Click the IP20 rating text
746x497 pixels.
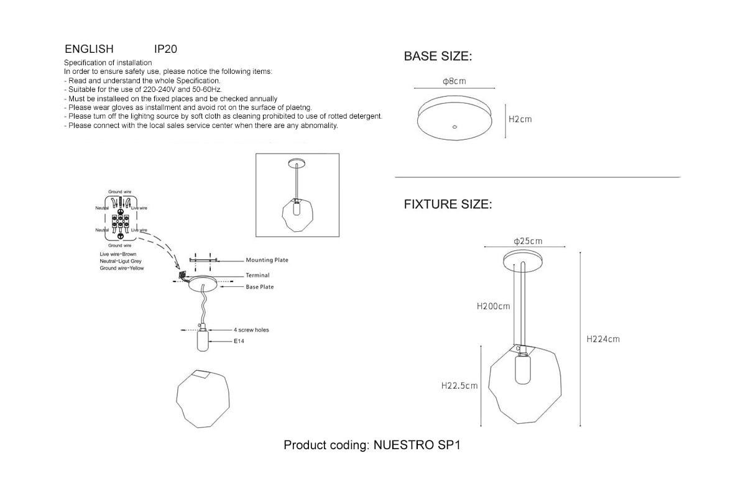[x=165, y=49]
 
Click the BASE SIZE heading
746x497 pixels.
[x=438, y=57]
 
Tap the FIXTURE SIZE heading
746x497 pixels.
[x=448, y=204]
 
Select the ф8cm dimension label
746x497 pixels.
[x=454, y=81]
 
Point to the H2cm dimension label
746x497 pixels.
[x=520, y=119]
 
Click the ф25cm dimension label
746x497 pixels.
[x=528, y=241]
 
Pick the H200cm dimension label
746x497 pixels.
[x=493, y=306]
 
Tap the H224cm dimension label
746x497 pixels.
[x=603, y=339]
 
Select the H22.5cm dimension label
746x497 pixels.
[x=459, y=386]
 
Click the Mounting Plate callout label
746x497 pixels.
[x=267, y=260]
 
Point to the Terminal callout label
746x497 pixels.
[x=257, y=275]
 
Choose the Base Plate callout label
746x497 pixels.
[x=259, y=287]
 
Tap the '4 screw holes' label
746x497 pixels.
[x=251, y=330]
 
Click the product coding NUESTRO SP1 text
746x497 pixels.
[x=371, y=445]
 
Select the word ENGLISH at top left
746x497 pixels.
[x=89, y=49]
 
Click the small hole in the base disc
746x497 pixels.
[x=454, y=127]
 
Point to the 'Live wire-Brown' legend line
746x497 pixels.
[x=117, y=255]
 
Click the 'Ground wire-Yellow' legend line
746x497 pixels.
[x=121, y=268]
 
